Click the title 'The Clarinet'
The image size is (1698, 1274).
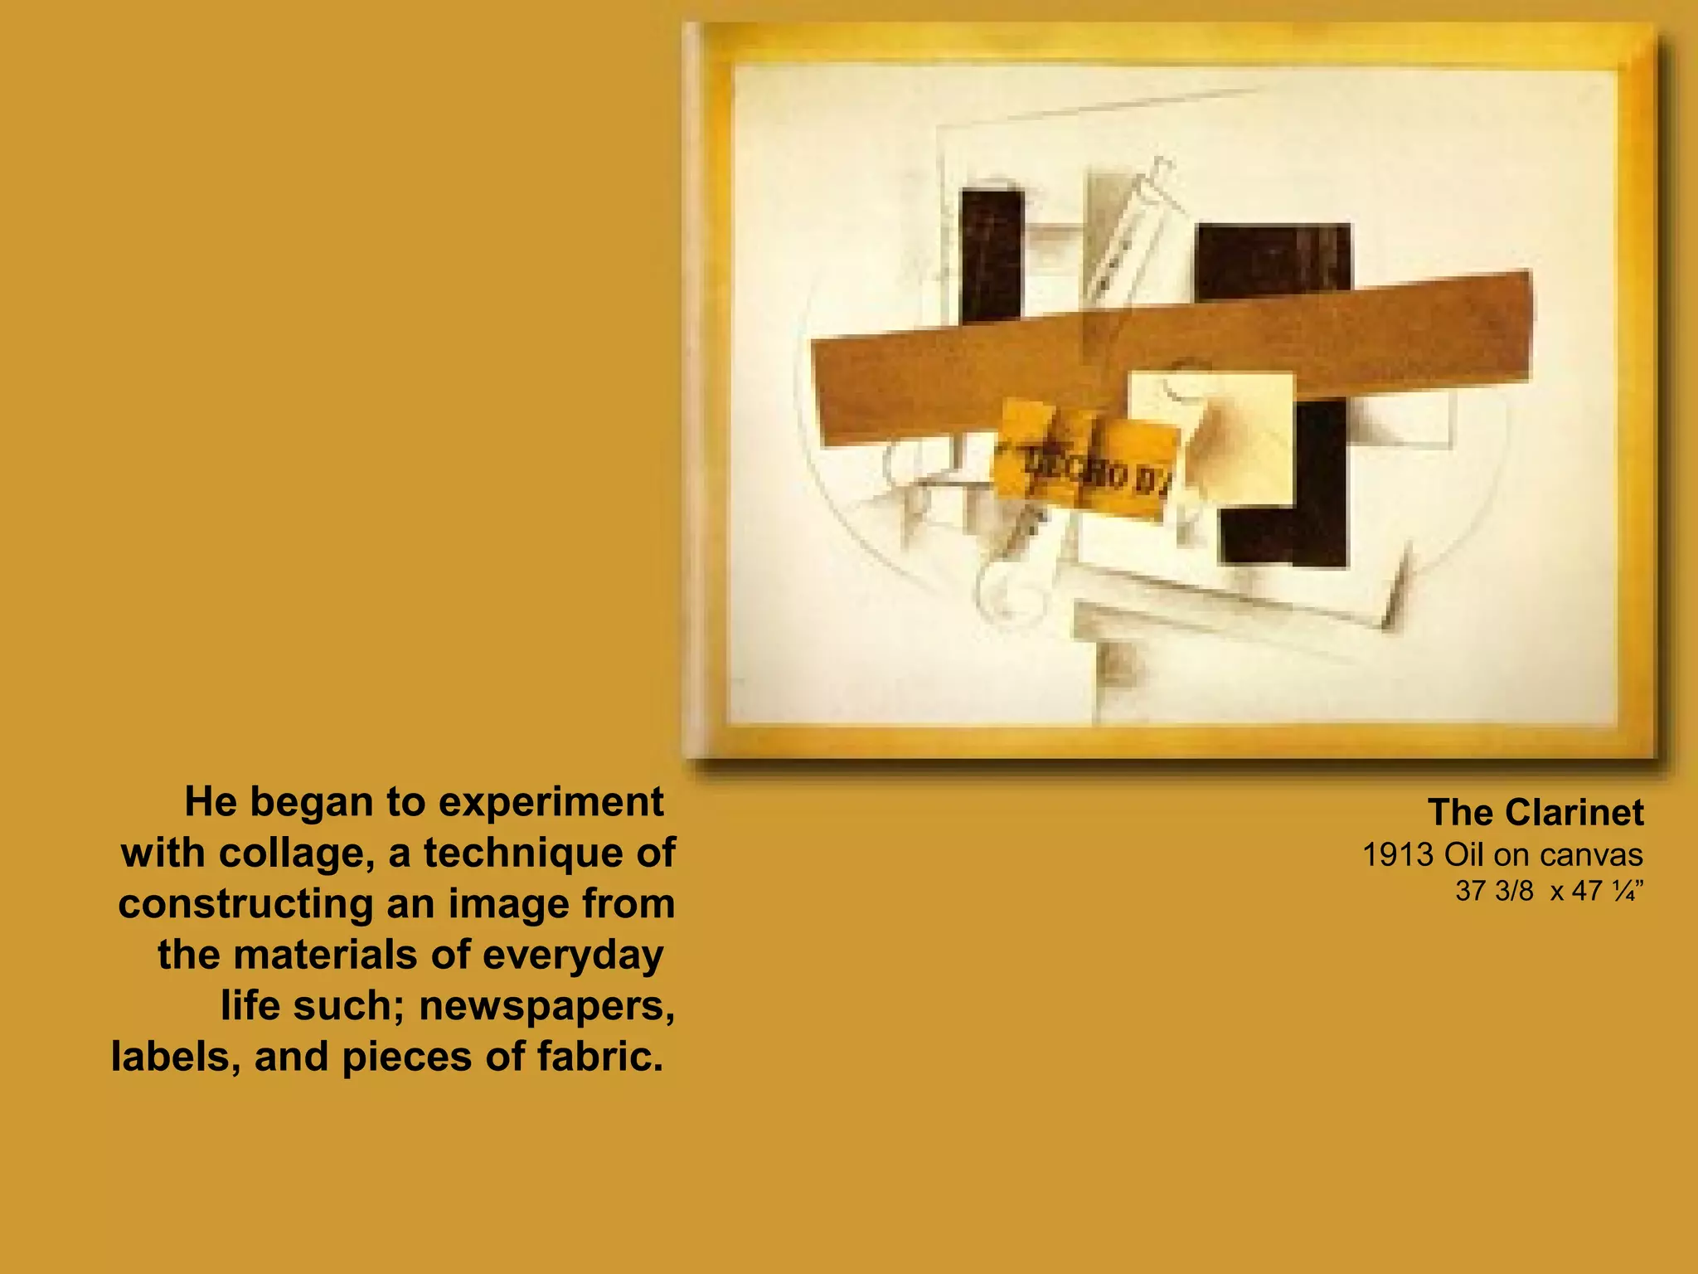tap(1535, 813)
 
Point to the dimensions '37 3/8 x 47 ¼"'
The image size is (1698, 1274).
tap(1549, 891)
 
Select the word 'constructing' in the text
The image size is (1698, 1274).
tap(245, 904)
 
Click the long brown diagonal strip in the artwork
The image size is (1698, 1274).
tap(953, 377)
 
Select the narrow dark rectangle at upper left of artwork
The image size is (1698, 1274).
tap(992, 253)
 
